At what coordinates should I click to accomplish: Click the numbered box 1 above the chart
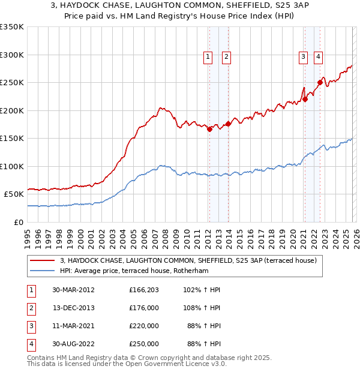[x=208, y=57]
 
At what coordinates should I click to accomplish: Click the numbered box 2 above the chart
[x=226, y=57]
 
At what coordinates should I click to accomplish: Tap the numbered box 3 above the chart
[x=303, y=57]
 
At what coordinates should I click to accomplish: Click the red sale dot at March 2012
[x=209, y=129]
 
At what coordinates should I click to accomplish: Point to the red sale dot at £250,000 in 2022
[x=320, y=83]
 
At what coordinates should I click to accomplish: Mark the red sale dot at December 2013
[x=228, y=124]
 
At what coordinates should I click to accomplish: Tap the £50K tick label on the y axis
[x=14, y=194]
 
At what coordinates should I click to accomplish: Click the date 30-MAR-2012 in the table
[x=73, y=290]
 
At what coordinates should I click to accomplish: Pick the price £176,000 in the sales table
[x=144, y=308]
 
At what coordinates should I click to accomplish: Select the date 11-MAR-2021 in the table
[x=73, y=326]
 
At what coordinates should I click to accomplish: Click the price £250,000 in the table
[x=144, y=344]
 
